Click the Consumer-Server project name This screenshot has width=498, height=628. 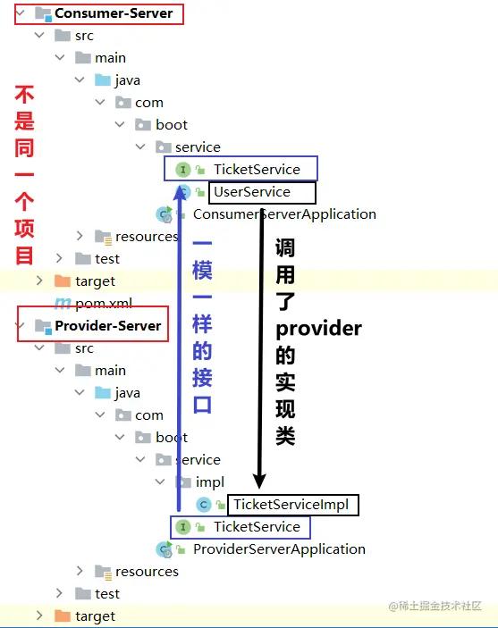[x=114, y=13]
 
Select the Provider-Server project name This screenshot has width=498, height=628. [x=108, y=326]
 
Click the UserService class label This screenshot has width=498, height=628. [x=252, y=192]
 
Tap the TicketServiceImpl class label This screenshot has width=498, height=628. [x=291, y=505]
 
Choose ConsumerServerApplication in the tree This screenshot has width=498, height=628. [x=284, y=214]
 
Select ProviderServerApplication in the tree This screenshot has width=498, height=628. [x=279, y=549]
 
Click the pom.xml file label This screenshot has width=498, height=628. [x=104, y=304]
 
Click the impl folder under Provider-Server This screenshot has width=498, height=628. [x=210, y=482]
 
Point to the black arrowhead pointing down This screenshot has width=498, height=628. [x=259, y=481]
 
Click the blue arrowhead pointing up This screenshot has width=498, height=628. [x=179, y=192]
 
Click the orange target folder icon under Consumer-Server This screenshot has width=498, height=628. [x=63, y=281]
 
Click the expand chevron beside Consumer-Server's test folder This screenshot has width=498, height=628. [x=59, y=258]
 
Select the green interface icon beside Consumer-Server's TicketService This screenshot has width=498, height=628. [x=183, y=170]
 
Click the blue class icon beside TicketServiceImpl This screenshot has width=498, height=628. [x=204, y=505]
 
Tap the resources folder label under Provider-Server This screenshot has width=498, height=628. [x=147, y=572]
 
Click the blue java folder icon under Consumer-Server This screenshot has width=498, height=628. [x=102, y=80]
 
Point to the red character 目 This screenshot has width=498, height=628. [x=24, y=255]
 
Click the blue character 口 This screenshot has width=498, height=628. [x=202, y=405]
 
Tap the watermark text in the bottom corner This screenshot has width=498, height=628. [x=435, y=606]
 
